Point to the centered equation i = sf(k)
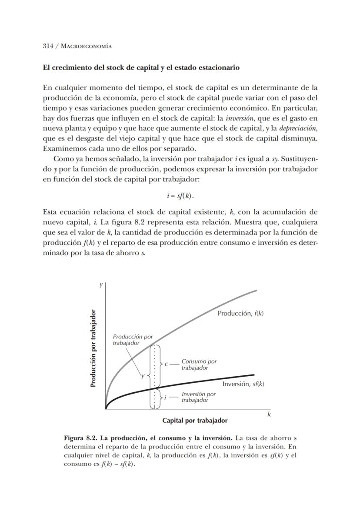click(x=180, y=196)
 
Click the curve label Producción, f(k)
click(x=240, y=314)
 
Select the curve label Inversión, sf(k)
click(x=243, y=384)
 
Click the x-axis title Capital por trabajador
click(x=195, y=421)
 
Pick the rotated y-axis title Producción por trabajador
click(x=93, y=349)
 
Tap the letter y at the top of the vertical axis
click(x=101, y=285)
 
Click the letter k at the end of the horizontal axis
click(x=269, y=414)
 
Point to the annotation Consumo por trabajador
click(x=199, y=364)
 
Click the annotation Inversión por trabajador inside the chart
click(x=198, y=397)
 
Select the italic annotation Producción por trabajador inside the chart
click(x=132, y=339)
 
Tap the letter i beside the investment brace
click(x=165, y=397)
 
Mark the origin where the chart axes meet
click(x=106, y=409)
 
